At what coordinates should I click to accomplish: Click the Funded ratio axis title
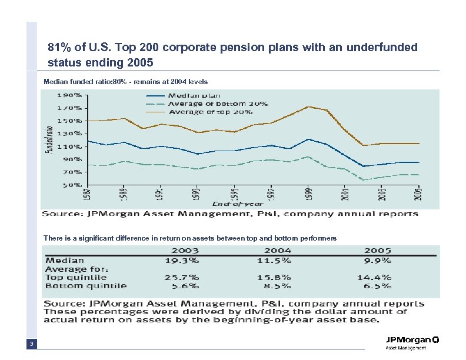(x=48, y=139)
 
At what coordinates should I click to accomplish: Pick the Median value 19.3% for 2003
(x=181, y=259)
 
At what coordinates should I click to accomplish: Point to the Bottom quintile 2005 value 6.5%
(x=374, y=286)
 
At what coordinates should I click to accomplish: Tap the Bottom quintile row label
(x=86, y=286)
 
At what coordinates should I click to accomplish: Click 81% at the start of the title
(x=59, y=46)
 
